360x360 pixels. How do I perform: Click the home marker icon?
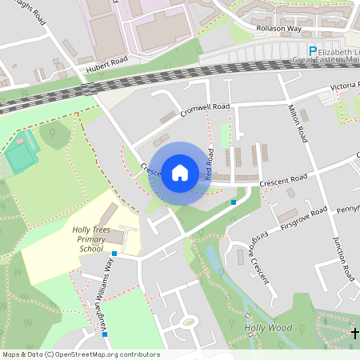[x=180, y=172]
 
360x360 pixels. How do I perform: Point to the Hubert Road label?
[x=107, y=64]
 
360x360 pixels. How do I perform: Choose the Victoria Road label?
[x=341, y=86]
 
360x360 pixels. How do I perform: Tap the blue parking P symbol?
[x=313, y=50]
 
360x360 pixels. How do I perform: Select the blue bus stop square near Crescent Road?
[x=234, y=202]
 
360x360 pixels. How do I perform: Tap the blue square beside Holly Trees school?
[x=114, y=254]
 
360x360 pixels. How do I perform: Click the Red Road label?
[x=210, y=163]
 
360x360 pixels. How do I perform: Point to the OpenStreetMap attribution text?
[x=81, y=354]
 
